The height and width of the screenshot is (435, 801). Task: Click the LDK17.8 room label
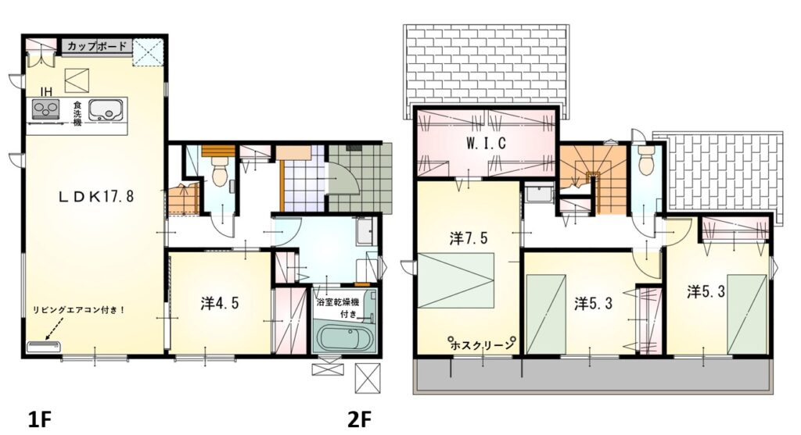[96, 196]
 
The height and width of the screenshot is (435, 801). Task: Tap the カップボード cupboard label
[96, 46]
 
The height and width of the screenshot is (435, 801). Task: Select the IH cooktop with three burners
[46, 109]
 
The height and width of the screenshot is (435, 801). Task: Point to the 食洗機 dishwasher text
[77, 112]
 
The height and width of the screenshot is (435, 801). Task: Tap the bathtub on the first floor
[344, 337]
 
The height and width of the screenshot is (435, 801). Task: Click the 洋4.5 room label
[220, 304]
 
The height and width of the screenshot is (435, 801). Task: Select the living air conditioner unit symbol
[43, 347]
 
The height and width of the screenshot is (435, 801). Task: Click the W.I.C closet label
[485, 143]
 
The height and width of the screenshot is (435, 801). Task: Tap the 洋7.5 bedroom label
[469, 238]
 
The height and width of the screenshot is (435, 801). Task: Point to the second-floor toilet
[646, 161]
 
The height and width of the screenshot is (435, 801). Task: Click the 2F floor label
[359, 419]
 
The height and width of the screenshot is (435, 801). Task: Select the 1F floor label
[39, 419]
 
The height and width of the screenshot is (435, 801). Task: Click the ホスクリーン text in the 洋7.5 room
[482, 345]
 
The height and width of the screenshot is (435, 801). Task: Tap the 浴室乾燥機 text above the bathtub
[338, 302]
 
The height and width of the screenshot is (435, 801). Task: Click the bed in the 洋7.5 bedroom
[456, 280]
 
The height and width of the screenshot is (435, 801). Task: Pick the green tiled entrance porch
[361, 176]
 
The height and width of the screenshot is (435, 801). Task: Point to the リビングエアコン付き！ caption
[79, 310]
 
